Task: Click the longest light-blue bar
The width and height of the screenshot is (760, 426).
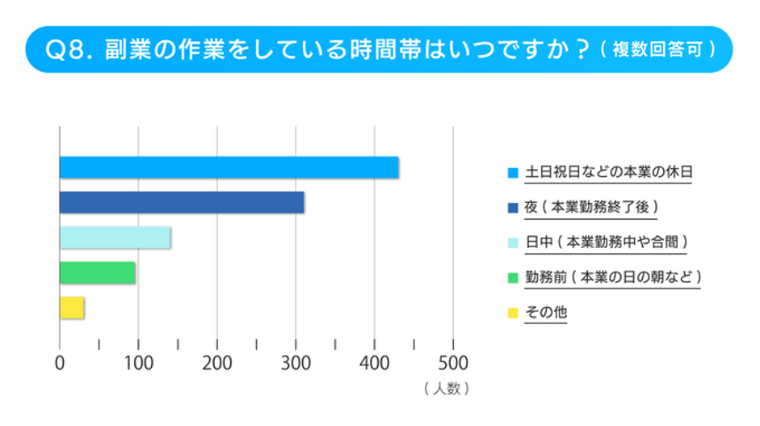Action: [229, 167]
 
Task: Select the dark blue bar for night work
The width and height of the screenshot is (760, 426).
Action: [182, 202]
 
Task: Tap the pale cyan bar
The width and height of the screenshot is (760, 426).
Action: [115, 238]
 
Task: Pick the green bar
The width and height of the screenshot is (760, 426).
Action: [97, 272]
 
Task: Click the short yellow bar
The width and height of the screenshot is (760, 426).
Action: [72, 308]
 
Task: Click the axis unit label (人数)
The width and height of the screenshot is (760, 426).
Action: [445, 389]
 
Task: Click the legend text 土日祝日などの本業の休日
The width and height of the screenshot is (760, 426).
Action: [609, 171]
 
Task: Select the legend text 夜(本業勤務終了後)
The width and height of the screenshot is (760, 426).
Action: [591, 206]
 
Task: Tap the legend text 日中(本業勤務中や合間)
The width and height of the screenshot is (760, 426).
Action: [607, 241]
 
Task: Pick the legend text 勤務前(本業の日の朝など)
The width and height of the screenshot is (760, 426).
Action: [612, 276]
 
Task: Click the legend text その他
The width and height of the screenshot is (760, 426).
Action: [546, 311]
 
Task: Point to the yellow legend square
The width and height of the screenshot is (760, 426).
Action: [512, 312]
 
